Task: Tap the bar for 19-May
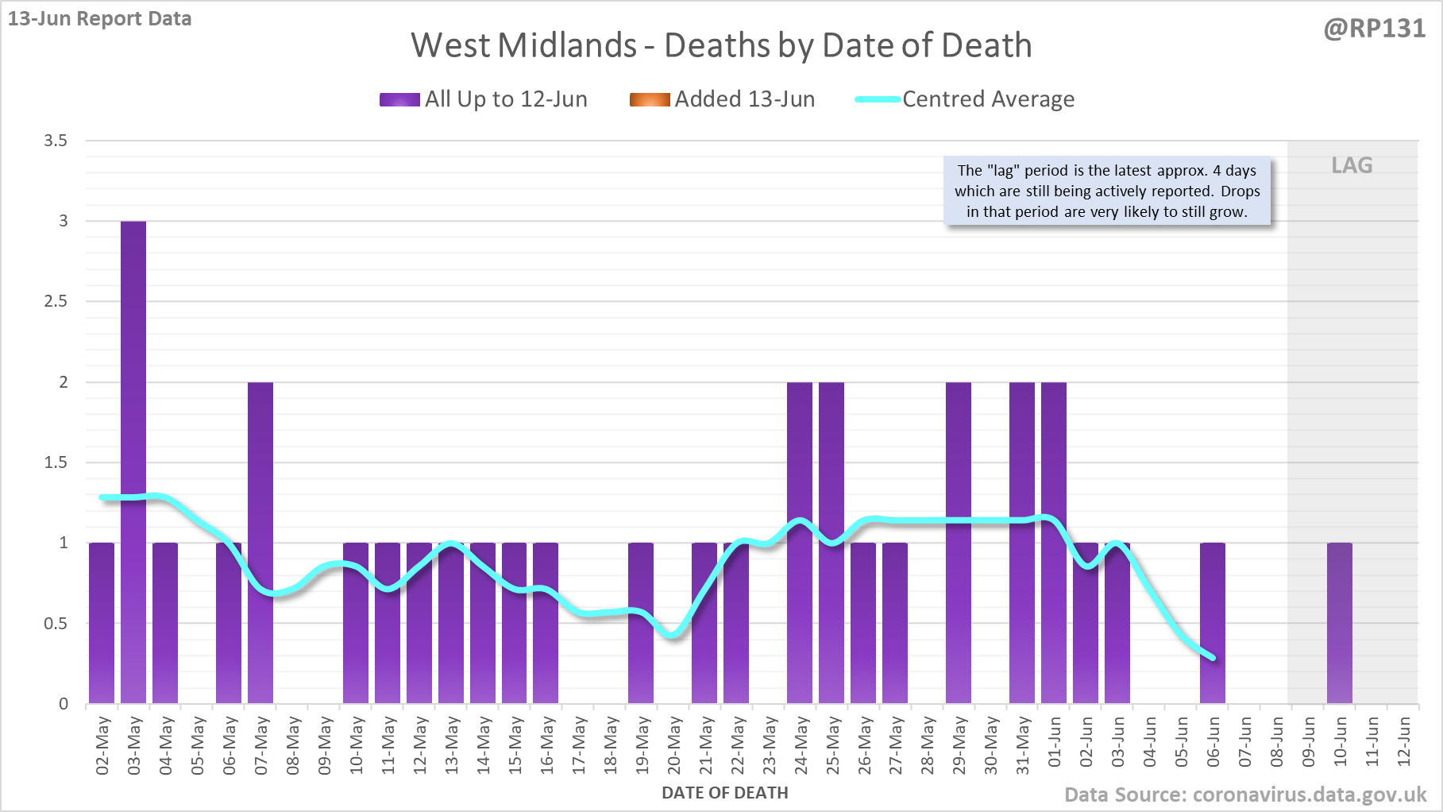point(641,623)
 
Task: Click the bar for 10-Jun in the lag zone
point(1339,623)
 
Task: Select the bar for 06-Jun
point(1213,623)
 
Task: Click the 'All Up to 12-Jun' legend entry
point(484,99)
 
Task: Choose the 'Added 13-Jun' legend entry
point(722,99)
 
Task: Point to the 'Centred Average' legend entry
point(965,99)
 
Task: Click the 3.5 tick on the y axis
point(56,141)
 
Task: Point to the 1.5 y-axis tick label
point(56,462)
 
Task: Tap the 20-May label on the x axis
point(674,744)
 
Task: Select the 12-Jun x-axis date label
point(1404,741)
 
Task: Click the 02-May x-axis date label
point(102,744)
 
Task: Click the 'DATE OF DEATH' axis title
point(725,793)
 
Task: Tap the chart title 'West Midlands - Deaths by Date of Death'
point(721,45)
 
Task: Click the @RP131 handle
point(1374,29)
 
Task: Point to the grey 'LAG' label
point(1352,165)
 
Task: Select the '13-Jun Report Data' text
point(100,18)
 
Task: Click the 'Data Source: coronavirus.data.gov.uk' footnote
point(1245,795)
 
